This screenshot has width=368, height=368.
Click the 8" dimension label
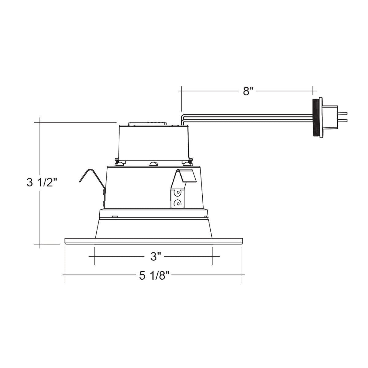(x=248, y=91)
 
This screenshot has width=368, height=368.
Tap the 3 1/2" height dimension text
(x=42, y=182)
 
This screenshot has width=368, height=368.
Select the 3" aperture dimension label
(x=156, y=256)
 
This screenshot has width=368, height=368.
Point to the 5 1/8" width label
(x=154, y=276)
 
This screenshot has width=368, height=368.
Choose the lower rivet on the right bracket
(x=178, y=203)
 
